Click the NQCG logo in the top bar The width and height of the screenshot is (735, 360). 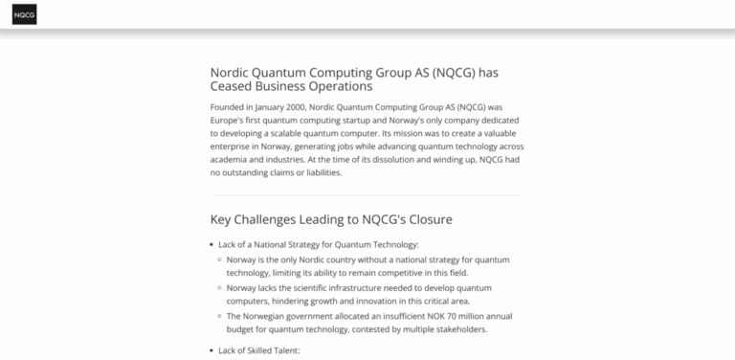point(25,15)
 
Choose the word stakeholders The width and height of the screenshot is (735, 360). point(456,329)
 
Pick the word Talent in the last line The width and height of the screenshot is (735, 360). point(288,351)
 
